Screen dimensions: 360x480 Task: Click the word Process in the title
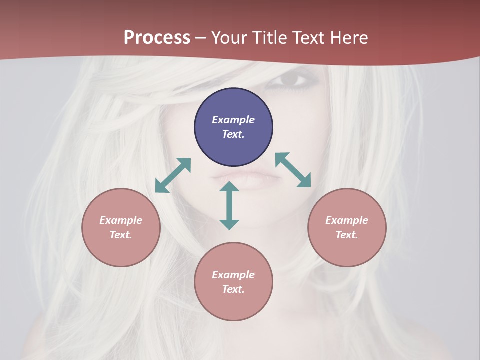point(157,38)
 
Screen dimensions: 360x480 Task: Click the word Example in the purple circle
point(233,120)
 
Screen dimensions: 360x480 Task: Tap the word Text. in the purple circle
point(233,134)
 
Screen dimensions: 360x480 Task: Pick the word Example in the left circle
point(121,220)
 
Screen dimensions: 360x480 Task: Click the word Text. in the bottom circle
point(233,289)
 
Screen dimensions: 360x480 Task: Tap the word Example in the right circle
point(347,220)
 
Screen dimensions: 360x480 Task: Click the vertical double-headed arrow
point(229,205)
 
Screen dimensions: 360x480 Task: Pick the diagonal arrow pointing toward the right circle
point(293,170)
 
